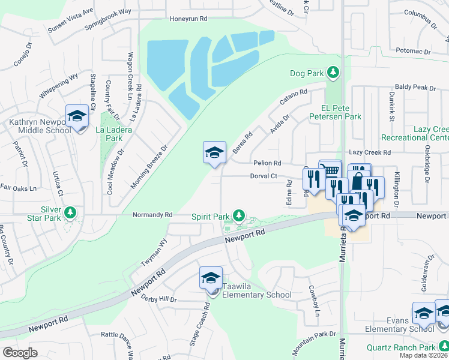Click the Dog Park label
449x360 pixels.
pyautogui.click(x=307, y=73)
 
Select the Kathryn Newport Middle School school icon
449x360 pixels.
pyautogui.click(x=77, y=116)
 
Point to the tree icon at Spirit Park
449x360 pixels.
pyautogui.click(x=239, y=215)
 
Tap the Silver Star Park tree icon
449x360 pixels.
pyautogui.click(x=70, y=212)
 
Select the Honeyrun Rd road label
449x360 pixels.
pyautogui.click(x=187, y=19)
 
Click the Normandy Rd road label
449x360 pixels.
pyautogui.click(x=152, y=214)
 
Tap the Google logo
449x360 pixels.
pyautogui.click(x=20, y=352)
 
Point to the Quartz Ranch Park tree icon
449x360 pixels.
pyautogui.click(x=444, y=347)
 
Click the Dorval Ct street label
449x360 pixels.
pyautogui.click(x=264, y=176)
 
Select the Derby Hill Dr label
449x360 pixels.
pyautogui.click(x=159, y=299)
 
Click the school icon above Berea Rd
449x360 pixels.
pyautogui.click(x=214, y=154)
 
